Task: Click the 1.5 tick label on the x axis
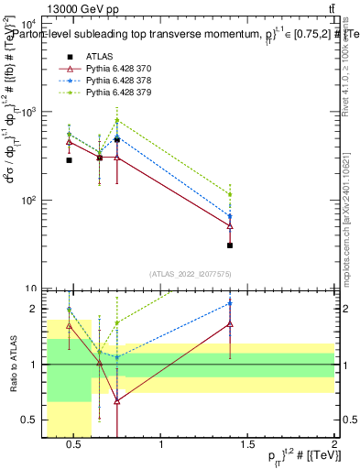coord(248,446)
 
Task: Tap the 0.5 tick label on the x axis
coord(75,446)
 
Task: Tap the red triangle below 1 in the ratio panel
coord(117,400)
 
